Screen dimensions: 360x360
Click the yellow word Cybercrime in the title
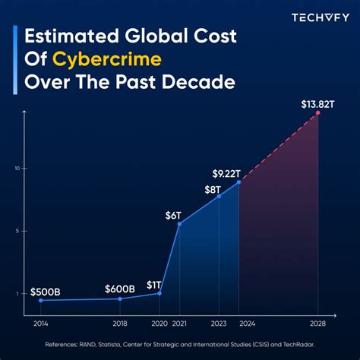tap(166, 59)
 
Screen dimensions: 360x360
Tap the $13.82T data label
tap(317, 102)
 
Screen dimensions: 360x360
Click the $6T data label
tap(174, 215)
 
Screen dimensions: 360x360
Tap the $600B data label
tap(120, 289)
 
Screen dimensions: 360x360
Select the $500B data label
tap(46, 292)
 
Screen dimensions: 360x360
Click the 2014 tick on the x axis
tap(40, 323)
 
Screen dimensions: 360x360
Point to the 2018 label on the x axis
tap(121, 323)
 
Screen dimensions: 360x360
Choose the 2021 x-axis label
tap(179, 323)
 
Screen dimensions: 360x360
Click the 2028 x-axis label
tap(318, 323)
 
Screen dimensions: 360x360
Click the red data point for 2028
tap(318, 113)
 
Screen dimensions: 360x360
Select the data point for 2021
tap(179, 223)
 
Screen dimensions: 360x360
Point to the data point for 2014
tap(40, 300)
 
